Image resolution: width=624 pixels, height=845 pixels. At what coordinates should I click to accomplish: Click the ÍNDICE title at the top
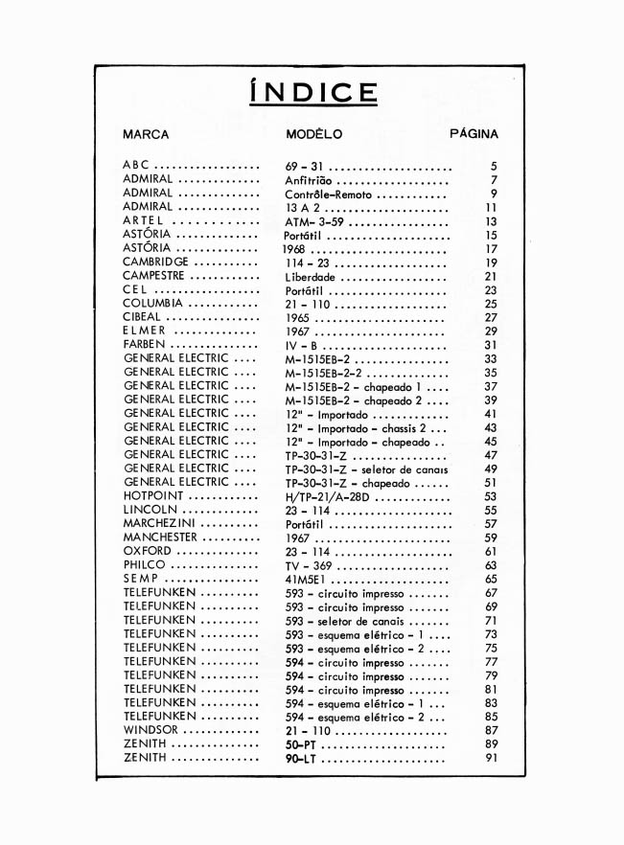312,93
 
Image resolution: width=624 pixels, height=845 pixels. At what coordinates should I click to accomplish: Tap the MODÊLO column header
313,135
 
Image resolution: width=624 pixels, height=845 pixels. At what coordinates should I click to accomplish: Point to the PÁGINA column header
474,135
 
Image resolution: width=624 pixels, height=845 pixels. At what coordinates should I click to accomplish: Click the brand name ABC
137,166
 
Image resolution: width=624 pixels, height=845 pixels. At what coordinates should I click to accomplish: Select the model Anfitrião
308,180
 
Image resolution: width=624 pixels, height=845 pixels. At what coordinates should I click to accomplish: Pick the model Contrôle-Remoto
328,194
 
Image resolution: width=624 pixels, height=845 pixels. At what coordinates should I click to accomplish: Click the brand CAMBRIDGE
156,263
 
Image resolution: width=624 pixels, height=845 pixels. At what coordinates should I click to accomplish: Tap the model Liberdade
310,277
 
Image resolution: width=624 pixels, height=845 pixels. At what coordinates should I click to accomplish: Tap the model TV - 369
308,566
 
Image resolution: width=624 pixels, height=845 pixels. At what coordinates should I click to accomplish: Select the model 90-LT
300,759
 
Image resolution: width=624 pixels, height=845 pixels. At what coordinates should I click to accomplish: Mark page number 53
491,497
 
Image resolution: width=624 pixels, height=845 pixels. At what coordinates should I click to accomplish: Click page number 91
491,759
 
